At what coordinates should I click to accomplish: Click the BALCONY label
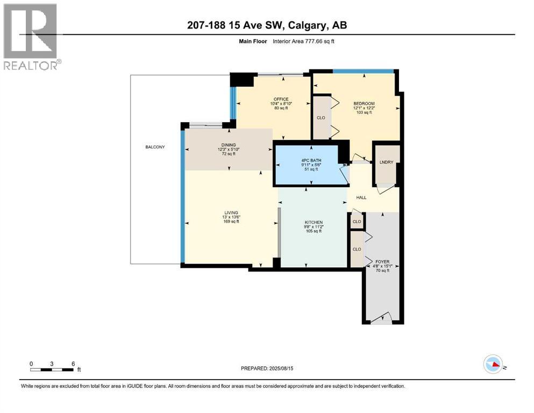tap(154, 147)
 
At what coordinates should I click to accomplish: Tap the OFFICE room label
tap(281, 99)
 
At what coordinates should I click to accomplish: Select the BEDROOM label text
tap(364, 103)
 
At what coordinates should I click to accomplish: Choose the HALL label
tap(361, 197)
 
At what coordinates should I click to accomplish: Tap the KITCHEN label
tap(314, 222)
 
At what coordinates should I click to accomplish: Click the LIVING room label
tap(231, 213)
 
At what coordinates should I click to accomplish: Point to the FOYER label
tap(382, 262)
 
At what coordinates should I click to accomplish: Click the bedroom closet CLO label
tap(321, 117)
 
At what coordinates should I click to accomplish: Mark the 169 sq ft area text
tap(231, 222)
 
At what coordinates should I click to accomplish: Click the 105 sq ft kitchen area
tap(314, 231)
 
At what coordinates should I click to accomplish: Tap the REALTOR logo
tap(31, 37)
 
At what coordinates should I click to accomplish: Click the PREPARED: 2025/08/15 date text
tap(267, 368)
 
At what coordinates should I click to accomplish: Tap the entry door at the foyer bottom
tap(382, 318)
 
